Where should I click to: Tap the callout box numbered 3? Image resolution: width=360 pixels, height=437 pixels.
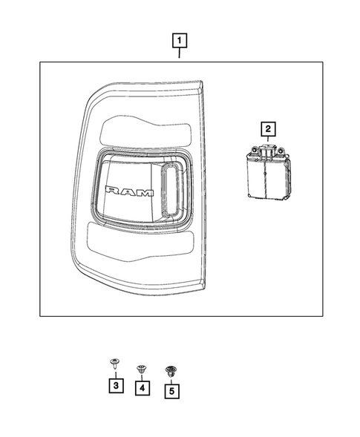(x=116, y=386)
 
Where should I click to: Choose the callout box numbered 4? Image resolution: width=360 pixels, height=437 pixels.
(x=141, y=387)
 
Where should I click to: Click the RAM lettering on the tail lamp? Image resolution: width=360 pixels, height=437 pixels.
(x=130, y=191)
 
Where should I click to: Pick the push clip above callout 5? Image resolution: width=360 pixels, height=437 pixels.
(x=171, y=369)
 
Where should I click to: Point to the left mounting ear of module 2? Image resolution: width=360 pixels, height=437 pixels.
(x=255, y=151)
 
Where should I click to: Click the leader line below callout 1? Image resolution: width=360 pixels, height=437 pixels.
(x=180, y=53)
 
